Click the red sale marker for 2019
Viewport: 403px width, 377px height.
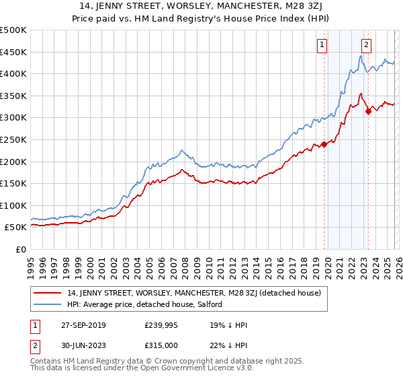[x=324, y=143]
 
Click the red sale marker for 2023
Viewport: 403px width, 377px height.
[x=368, y=111]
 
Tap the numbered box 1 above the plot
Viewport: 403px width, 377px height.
[x=322, y=45]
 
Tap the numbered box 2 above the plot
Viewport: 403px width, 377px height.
[x=366, y=45]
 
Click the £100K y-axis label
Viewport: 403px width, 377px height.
[x=13, y=205]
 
